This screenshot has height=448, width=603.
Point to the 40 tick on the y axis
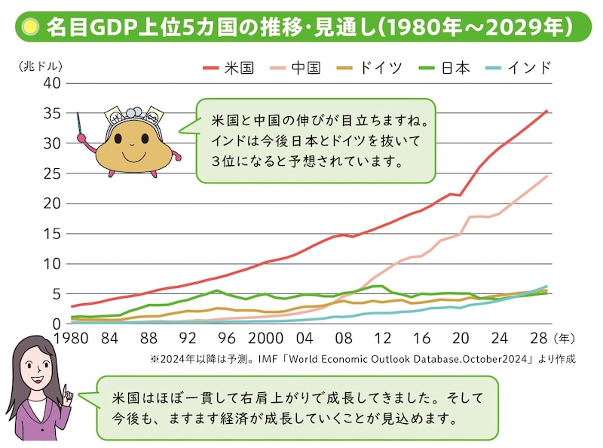pyautogui.click(x=51, y=83)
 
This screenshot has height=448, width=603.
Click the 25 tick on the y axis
pyautogui.click(x=51, y=173)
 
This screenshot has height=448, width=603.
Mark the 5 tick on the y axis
pyautogui.click(x=55, y=294)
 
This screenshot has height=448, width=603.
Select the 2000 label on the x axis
pyautogui.click(x=265, y=338)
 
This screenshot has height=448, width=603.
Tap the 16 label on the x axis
pyautogui.click(x=422, y=338)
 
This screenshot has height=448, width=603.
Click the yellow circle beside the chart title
pyautogui.click(x=30, y=28)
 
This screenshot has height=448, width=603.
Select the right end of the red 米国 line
pyautogui.click(x=547, y=112)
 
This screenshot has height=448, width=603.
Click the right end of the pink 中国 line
pyautogui.click(x=547, y=176)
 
